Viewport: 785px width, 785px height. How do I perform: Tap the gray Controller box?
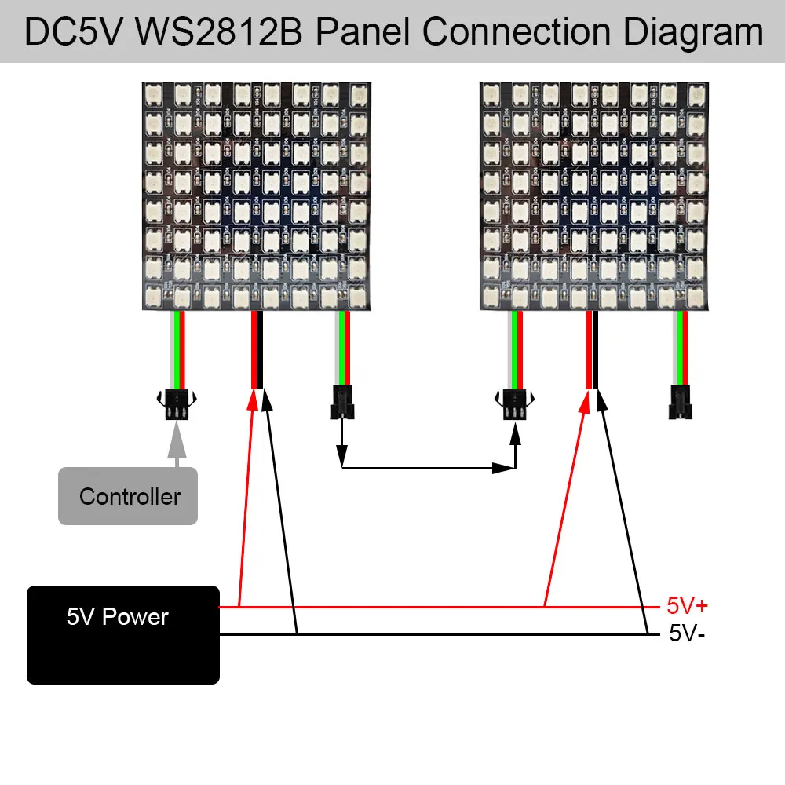click(x=128, y=496)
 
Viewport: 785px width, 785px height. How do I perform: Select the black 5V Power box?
click(x=123, y=634)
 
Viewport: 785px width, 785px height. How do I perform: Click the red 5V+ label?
click(x=687, y=606)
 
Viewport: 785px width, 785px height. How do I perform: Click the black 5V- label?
click(x=687, y=633)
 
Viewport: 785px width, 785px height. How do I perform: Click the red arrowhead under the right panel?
click(x=585, y=400)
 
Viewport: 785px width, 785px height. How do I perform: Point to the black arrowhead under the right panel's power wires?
click(x=601, y=400)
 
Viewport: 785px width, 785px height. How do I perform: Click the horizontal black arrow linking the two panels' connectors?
click(x=428, y=469)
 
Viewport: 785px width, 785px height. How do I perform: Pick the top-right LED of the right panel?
click(x=692, y=94)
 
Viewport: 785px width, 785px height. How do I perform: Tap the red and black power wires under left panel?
click(x=257, y=349)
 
